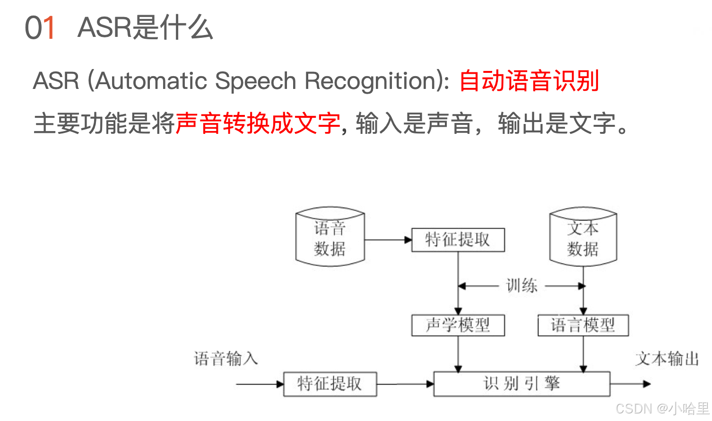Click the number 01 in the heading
(x=40, y=28)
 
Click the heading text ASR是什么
(x=145, y=28)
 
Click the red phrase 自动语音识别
(x=529, y=81)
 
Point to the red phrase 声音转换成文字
(x=258, y=123)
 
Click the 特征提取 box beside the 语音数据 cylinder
(x=458, y=240)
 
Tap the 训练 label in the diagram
(x=521, y=286)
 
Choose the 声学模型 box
(x=458, y=325)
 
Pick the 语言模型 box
(x=583, y=325)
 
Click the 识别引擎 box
(x=521, y=384)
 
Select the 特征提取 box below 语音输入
(x=330, y=384)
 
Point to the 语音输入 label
(x=226, y=359)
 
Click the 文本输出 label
(x=667, y=359)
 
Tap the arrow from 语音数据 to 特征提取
(x=388, y=240)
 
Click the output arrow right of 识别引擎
(x=631, y=384)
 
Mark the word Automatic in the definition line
(x=151, y=81)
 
